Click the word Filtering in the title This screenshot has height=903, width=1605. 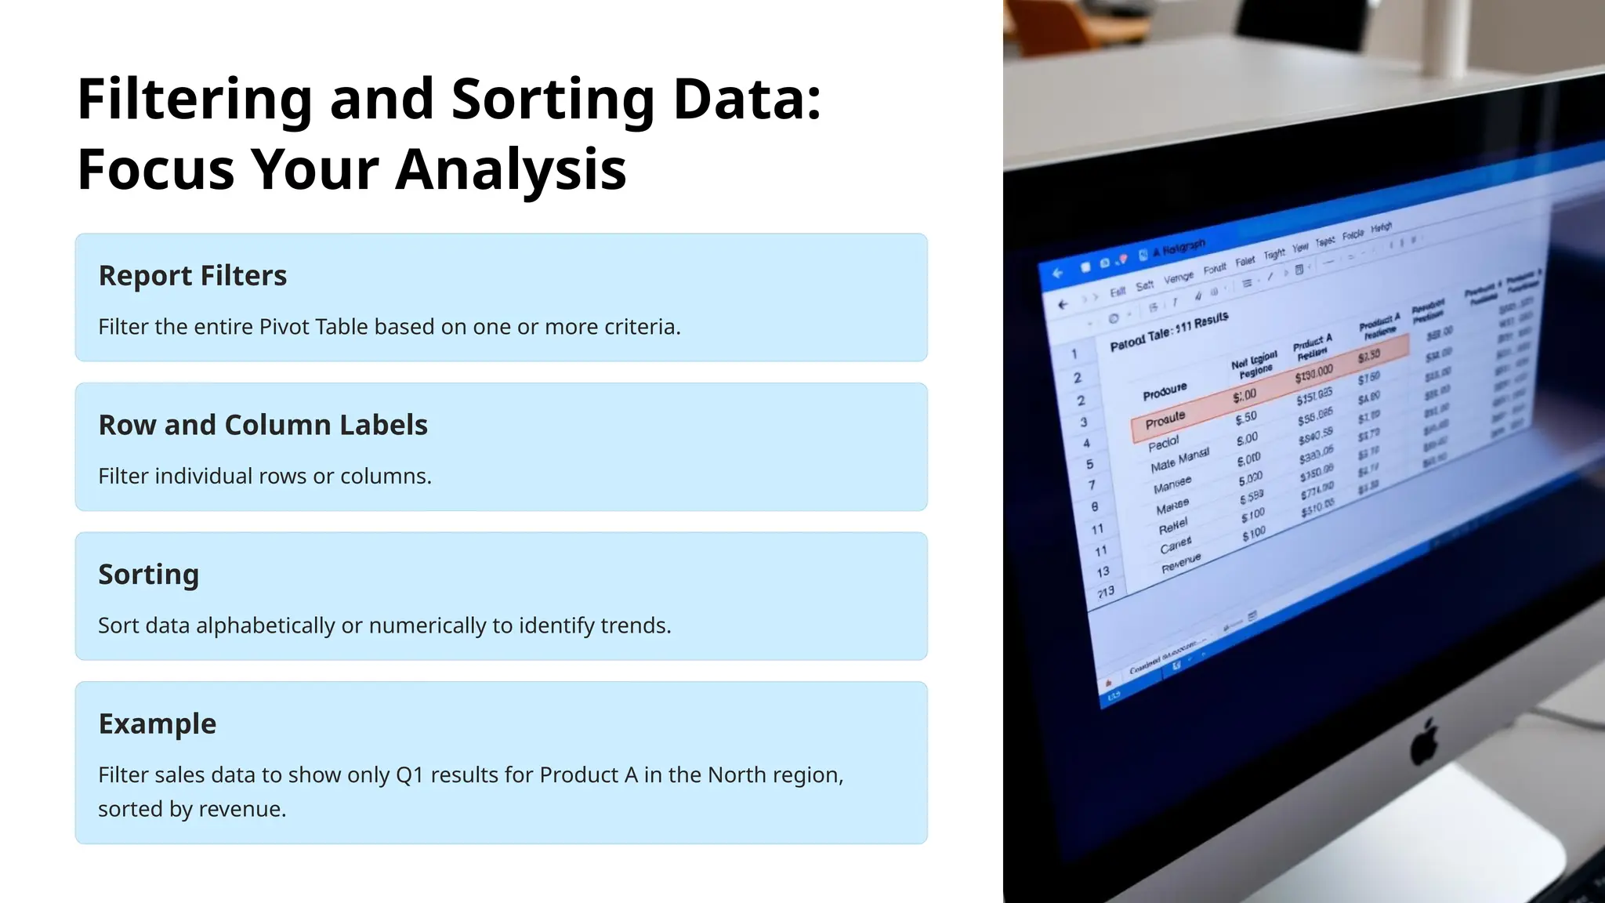click(x=195, y=100)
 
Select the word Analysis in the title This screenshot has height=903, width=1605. click(x=510, y=169)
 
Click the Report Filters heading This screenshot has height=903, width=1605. click(x=193, y=276)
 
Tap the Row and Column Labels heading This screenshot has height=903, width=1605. click(x=263, y=425)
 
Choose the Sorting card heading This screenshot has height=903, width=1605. click(x=149, y=575)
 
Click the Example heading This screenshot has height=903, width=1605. click(x=158, y=723)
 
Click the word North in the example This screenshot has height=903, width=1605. click(x=737, y=775)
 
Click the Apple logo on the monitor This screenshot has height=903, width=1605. click(x=1424, y=742)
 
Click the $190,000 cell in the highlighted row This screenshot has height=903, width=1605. click(x=1313, y=374)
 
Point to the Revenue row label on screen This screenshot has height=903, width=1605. click(x=1180, y=563)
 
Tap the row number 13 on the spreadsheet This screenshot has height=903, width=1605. click(x=1103, y=572)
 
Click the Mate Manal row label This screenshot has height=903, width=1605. click(x=1179, y=460)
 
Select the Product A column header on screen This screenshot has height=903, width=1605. click(x=1312, y=346)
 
